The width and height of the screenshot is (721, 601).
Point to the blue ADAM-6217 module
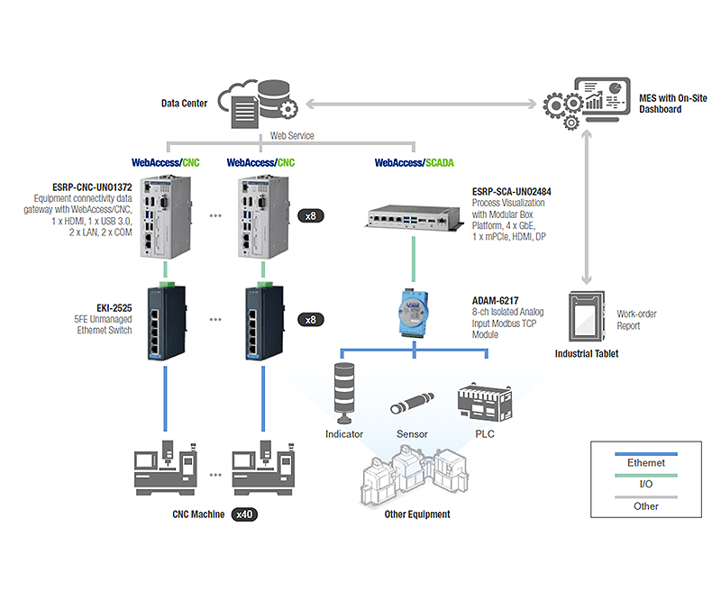coord(414,309)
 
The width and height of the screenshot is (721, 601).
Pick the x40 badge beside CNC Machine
coord(244,514)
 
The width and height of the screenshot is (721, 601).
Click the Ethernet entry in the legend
coord(646,463)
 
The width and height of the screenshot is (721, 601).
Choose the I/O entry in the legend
coord(646,485)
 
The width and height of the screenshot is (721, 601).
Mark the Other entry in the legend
coord(646,506)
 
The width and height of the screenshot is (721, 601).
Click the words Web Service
coord(293,136)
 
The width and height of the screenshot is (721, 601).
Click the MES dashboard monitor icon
coord(599,99)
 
